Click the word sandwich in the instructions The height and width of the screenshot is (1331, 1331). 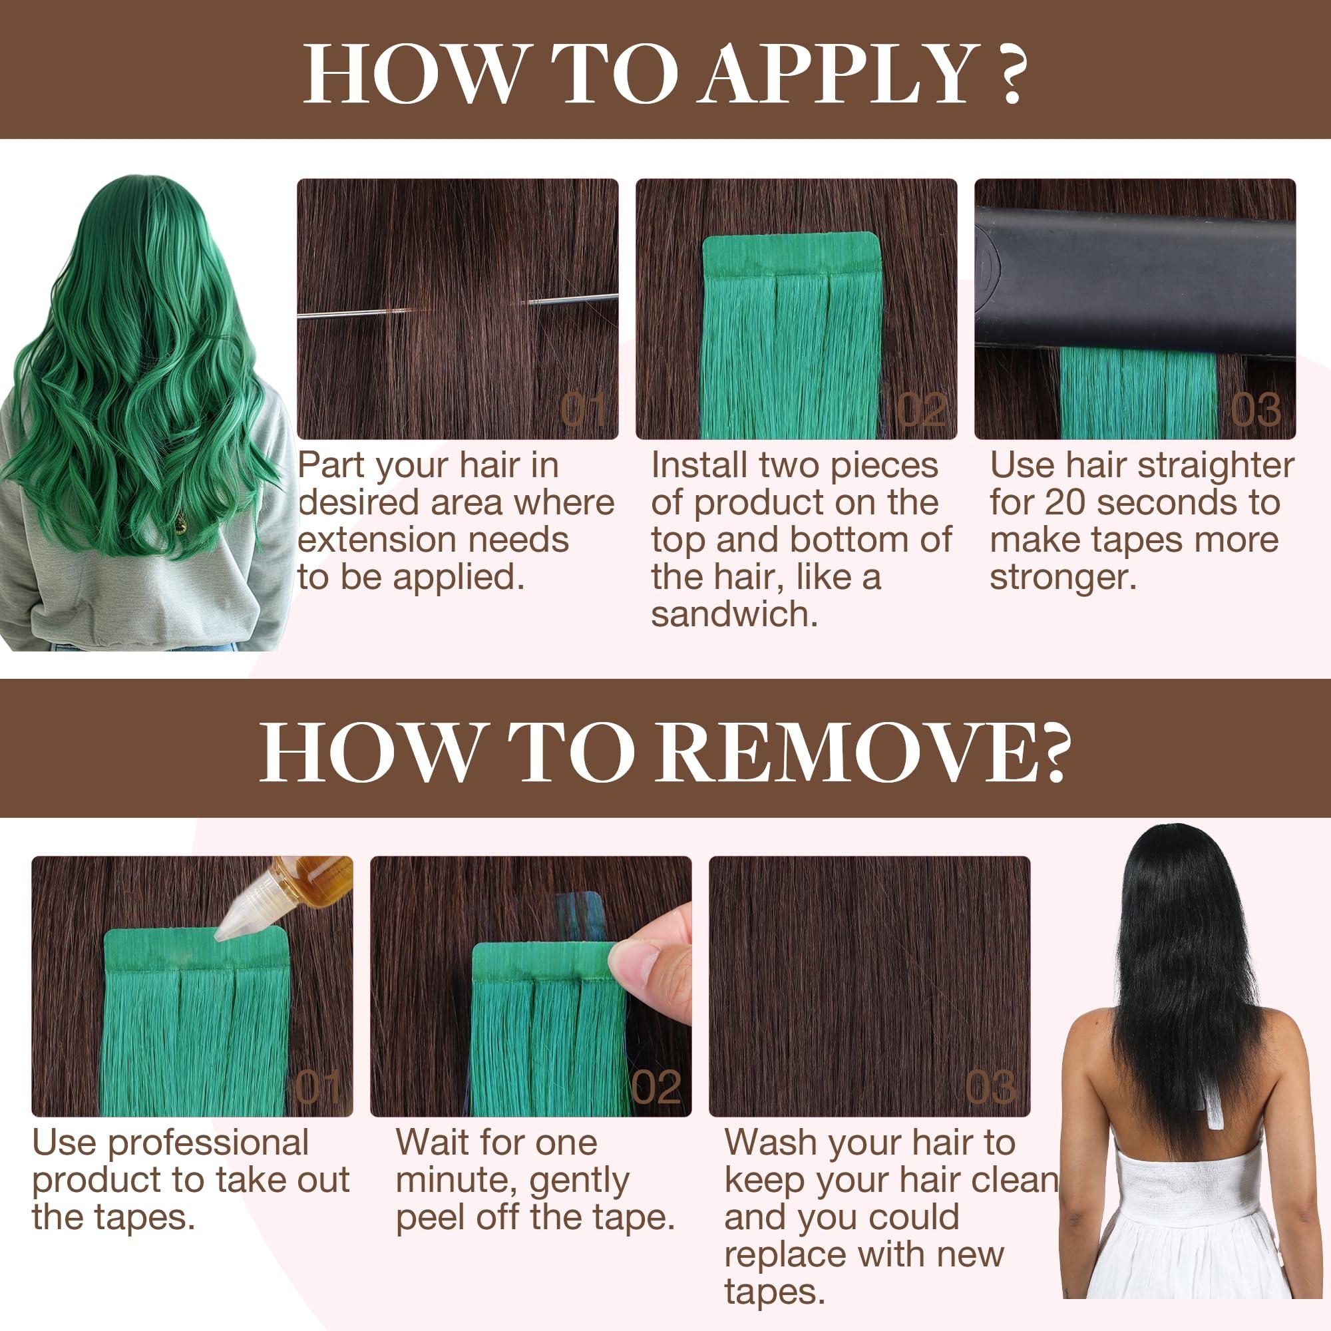735,614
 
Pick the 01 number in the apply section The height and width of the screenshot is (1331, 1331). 583,412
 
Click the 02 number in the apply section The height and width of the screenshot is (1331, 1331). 922,412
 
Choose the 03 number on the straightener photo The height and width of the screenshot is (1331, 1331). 1255,411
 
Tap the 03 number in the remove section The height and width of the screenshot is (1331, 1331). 990,1089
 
